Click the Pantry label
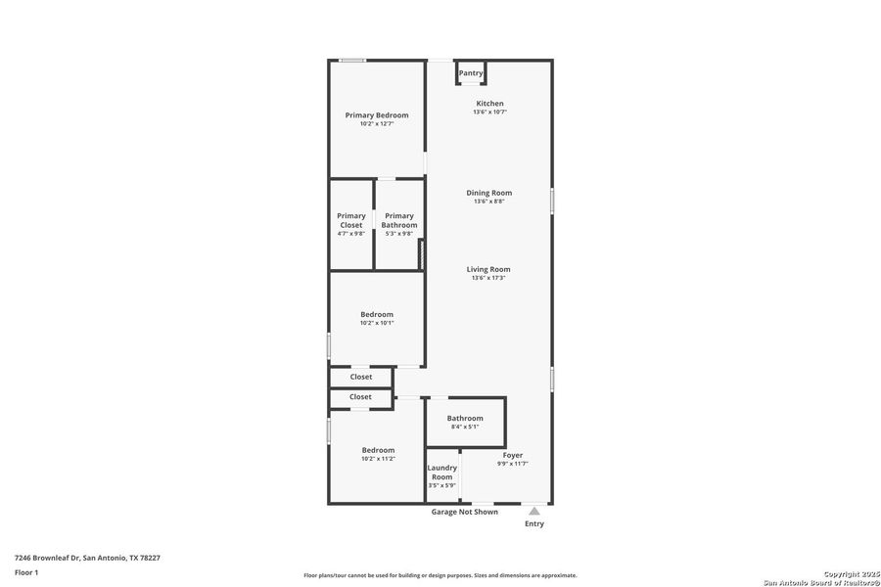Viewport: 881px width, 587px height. coord(471,72)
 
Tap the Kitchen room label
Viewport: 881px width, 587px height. coord(489,104)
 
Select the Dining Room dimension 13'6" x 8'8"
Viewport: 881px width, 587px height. coord(489,202)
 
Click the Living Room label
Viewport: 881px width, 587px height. coord(488,269)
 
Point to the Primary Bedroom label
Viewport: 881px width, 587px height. coord(377,115)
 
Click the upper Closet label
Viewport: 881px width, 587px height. coord(361,377)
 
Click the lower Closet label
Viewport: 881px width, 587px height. coord(360,397)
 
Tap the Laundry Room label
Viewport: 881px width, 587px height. coord(442,473)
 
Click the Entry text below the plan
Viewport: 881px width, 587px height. coord(534,523)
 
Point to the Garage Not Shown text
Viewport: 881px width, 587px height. coord(465,512)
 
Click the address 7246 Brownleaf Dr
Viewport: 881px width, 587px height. coord(87,558)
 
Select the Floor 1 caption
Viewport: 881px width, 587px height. coord(26,572)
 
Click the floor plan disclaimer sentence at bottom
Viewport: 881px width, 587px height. coord(440,575)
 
